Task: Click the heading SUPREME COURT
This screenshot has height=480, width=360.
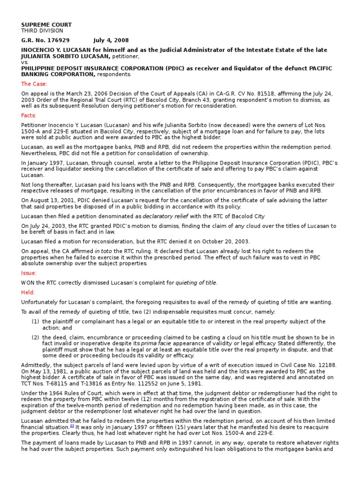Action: pos(46,24)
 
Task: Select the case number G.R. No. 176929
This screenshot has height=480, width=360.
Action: pos(42,40)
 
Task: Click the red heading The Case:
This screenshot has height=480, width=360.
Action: pos(33,84)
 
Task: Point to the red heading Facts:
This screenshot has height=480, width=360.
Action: pos(29,115)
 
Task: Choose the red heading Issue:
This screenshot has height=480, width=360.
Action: pos(29,273)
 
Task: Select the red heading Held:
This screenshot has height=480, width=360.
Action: pos(28,292)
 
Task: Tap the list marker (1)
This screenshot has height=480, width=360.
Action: pos(35,322)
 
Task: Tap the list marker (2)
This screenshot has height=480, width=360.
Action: pos(35,337)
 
